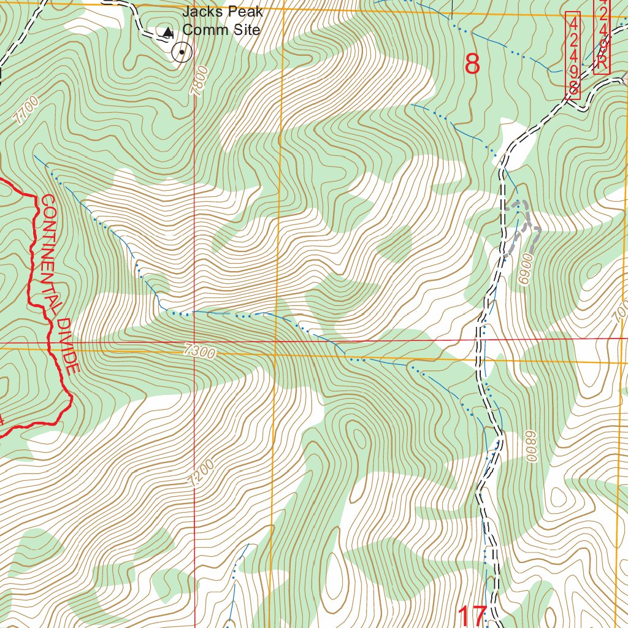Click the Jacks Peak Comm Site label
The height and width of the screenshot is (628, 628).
pyautogui.click(x=222, y=21)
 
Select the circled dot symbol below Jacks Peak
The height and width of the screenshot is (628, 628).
pyautogui.click(x=182, y=53)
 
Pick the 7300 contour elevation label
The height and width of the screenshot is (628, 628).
pyautogui.click(x=199, y=352)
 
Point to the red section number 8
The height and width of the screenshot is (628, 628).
pyautogui.click(x=472, y=64)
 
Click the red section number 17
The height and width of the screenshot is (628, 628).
pyautogui.click(x=472, y=615)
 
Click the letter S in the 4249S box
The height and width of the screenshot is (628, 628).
pyautogui.click(x=573, y=88)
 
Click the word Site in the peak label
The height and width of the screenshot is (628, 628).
pyautogui.click(x=247, y=29)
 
